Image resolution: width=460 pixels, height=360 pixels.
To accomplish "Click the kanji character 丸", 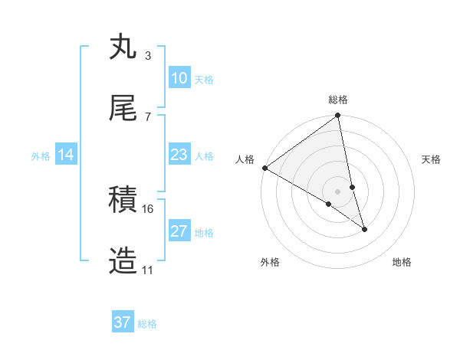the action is (x=123, y=47).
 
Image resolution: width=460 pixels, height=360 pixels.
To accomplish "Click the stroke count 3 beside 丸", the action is (x=147, y=55).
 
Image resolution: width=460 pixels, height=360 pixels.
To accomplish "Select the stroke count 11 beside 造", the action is (x=148, y=270).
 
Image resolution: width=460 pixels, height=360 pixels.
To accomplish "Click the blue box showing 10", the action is (x=179, y=78).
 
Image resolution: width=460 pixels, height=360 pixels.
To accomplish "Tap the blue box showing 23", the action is (x=179, y=155).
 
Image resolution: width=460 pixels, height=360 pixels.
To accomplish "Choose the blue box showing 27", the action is (x=179, y=231).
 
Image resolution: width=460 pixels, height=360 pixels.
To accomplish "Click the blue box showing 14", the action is (x=66, y=155).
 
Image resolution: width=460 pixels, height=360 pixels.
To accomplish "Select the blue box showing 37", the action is (x=123, y=322).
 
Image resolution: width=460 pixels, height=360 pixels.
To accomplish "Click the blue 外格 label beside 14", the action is (x=41, y=155).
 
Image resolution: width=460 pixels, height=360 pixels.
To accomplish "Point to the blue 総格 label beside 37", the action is (x=147, y=324).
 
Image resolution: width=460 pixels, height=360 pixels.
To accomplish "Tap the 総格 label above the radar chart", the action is (x=338, y=100).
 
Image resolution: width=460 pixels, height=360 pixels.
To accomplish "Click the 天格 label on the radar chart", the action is (x=431, y=159).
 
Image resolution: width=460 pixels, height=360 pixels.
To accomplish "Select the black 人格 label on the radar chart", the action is (x=245, y=159).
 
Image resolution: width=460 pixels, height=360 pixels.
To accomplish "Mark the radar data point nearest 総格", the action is (x=338, y=116).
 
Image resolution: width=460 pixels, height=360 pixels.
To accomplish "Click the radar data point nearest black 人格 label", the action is (x=264, y=168).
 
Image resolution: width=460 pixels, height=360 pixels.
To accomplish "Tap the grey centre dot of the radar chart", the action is (x=338, y=191).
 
